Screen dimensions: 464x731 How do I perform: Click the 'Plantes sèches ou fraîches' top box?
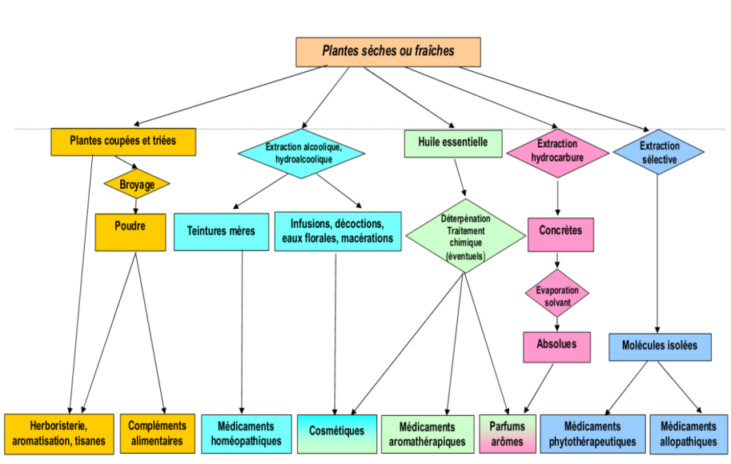click(x=388, y=51)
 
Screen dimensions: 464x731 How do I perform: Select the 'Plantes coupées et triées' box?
click(x=123, y=142)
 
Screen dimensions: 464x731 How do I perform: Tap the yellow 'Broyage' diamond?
click(x=137, y=184)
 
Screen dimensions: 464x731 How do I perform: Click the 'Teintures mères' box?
click(x=221, y=231)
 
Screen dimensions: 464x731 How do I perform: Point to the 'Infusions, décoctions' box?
click(x=336, y=230)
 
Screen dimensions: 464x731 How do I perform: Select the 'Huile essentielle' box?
click(x=453, y=142)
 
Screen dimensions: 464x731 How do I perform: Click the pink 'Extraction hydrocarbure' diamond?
click(x=557, y=151)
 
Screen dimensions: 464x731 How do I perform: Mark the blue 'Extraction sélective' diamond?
click(x=659, y=153)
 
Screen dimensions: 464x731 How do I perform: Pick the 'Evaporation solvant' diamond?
click(x=557, y=296)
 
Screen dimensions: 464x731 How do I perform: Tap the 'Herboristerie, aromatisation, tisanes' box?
click(x=59, y=433)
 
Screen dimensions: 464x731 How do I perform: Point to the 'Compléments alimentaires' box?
click(x=157, y=433)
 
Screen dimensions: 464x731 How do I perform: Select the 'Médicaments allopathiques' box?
click(x=689, y=433)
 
